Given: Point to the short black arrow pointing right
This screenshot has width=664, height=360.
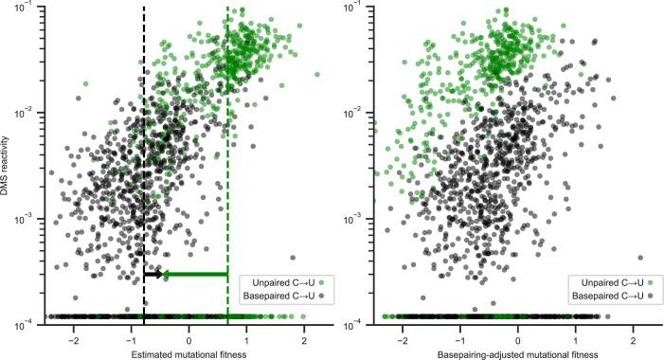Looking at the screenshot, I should (152, 275).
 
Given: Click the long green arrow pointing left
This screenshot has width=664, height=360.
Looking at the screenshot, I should (194, 275).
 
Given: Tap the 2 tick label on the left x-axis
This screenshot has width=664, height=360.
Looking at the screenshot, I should (304, 338).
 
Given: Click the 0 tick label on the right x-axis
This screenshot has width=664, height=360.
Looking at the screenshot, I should (517, 338).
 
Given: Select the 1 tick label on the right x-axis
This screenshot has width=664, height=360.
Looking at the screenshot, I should (575, 338).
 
